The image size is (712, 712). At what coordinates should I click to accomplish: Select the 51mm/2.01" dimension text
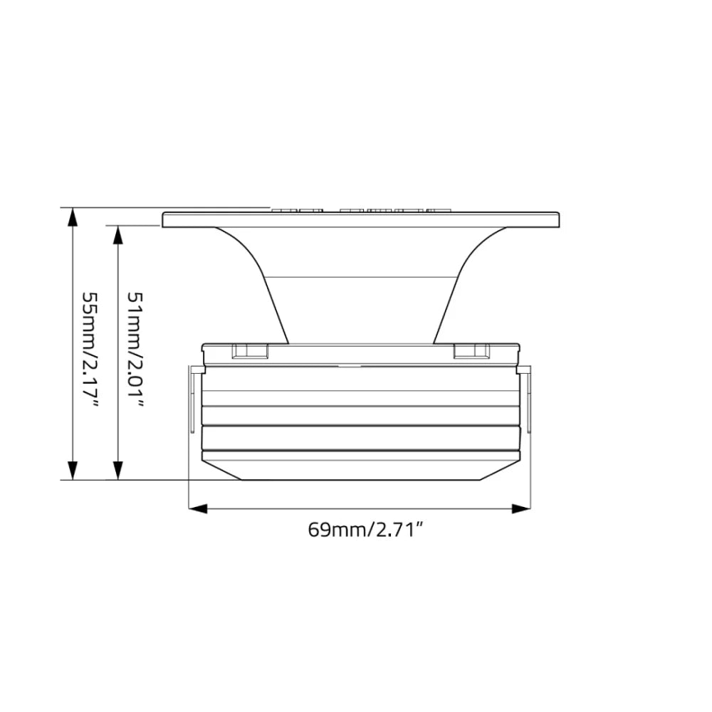[135, 349]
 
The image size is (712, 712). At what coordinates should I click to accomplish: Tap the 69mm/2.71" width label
[361, 530]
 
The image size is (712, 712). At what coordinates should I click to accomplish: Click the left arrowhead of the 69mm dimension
[197, 508]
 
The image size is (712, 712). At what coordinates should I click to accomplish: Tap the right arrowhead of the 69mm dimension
[521, 508]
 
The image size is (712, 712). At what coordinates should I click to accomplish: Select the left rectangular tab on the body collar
[250, 350]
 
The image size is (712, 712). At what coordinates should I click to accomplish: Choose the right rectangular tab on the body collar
[471, 350]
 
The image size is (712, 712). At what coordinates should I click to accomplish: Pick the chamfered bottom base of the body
[361, 470]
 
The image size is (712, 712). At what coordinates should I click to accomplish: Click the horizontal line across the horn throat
[361, 277]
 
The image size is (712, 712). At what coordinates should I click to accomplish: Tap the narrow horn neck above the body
[361, 313]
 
